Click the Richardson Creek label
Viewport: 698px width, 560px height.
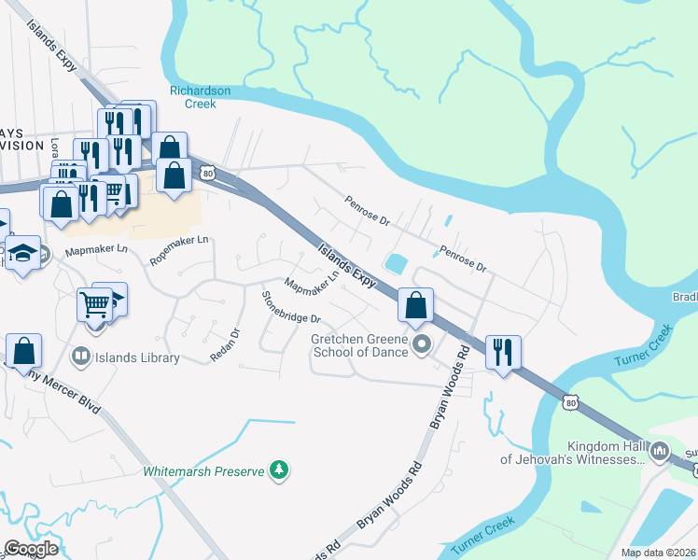tap(193, 97)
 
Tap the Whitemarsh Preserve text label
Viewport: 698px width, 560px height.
tap(203, 471)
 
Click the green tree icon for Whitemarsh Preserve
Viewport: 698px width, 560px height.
tap(278, 469)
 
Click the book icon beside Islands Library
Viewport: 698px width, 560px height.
tap(81, 356)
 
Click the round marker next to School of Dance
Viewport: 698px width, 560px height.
tap(422, 345)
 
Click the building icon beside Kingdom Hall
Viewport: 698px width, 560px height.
tap(660, 453)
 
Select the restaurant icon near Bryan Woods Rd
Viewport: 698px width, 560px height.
tap(503, 353)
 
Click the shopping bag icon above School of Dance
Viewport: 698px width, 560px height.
tap(415, 304)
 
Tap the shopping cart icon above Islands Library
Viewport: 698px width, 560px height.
tap(95, 304)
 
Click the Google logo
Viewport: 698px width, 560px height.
tap(31, 549)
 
